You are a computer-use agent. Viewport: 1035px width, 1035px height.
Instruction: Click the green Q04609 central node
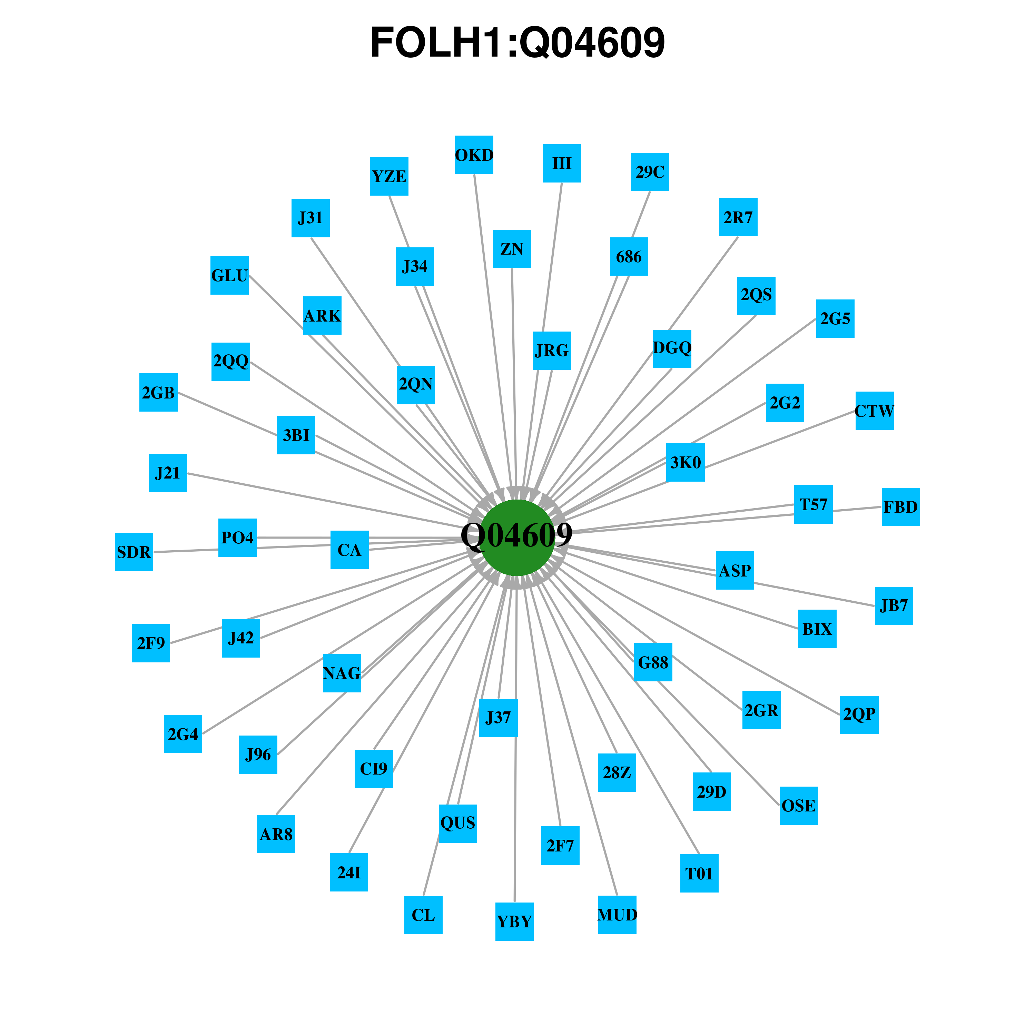pos(517,537)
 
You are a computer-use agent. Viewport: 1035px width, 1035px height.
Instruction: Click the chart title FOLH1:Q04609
pos(517,42)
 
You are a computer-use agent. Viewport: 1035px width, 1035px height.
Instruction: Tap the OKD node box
pos(474,155)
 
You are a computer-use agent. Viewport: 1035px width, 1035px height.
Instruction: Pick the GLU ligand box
pos(229,275)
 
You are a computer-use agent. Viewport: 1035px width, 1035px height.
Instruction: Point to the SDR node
pos(134,552)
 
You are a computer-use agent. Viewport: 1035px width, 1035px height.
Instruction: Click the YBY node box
pos(514,921)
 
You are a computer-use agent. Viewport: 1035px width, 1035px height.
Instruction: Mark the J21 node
pos(168,473)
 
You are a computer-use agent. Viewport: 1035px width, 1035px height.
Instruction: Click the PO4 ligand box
pos(237,537)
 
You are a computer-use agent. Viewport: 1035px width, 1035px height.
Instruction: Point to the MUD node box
pos(617,915)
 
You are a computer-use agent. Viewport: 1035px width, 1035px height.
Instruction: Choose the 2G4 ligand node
pos(183,734)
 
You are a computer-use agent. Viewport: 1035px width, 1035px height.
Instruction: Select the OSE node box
pos(799,806)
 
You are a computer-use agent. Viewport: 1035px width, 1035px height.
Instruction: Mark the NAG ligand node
pos(342,673)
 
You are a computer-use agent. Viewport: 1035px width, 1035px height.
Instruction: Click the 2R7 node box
pos(738,217)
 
